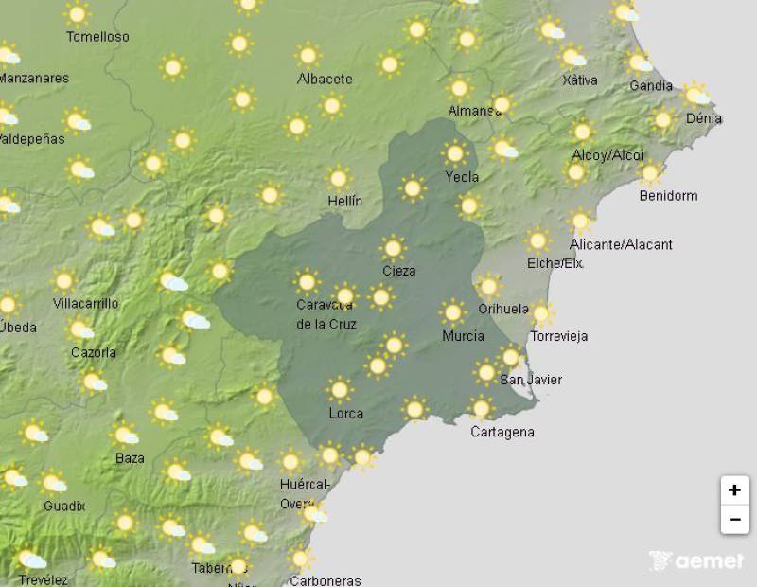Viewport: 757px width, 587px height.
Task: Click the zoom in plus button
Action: [x=734, y=490]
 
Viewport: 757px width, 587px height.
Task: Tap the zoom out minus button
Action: [x=734, y=520]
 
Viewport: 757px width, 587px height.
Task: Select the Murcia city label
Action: [x=464, y=336]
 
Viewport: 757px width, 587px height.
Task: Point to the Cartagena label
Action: [x=502, y=432]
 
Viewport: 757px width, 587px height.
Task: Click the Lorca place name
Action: [x=345, y=414]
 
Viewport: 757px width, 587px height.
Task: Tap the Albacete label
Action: [x=325, y=79]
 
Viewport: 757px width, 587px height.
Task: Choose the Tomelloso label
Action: [x=97, y=37]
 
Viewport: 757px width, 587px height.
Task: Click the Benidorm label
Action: [x=668, y=196]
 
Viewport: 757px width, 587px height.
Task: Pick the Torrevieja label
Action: [x=559, y=336]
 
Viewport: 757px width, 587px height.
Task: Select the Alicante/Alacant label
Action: [x=622, y=244]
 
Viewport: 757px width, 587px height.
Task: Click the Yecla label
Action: [x=462, y=176]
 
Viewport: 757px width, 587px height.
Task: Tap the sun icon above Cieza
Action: [x=393, y=249]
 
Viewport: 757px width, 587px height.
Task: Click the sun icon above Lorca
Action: [x=339, y=389]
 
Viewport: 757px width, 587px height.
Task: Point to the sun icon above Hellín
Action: [x=338, y=178]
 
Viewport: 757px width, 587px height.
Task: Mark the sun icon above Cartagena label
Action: [x=481, y=409]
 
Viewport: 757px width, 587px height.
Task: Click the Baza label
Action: [x=130, y=458]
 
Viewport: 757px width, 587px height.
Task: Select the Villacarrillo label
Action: [x=86, y=304]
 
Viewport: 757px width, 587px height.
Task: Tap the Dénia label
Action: [x=704, y=118]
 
